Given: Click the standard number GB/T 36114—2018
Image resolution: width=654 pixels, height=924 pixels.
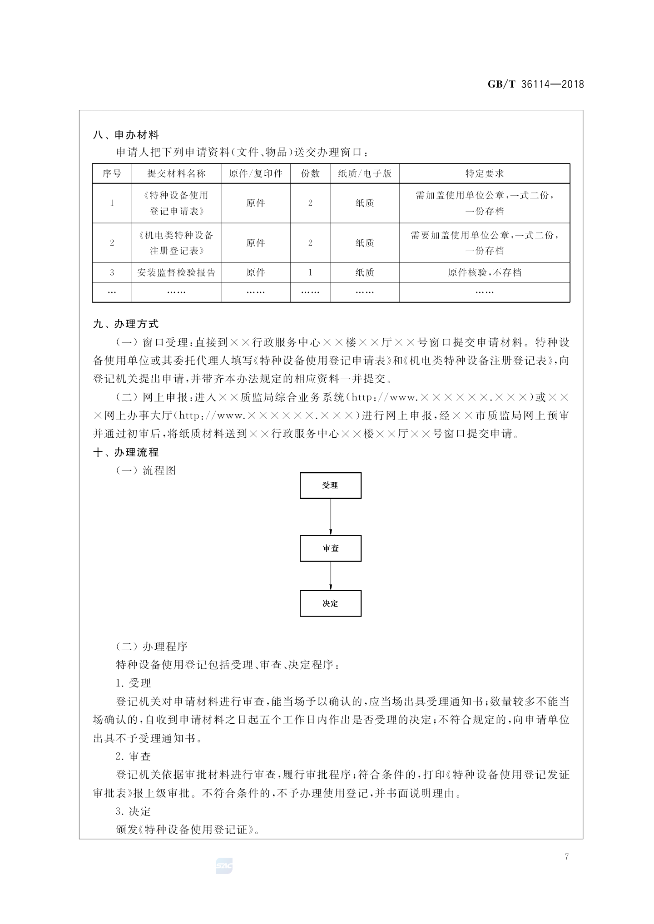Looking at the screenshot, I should pyautogui.click(x=535, y=84).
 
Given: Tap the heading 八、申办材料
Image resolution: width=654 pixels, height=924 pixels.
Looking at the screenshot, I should pyautogui.click(x=126, y=135).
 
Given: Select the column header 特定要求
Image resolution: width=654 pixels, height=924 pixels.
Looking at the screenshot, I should pyautogui.click(x=484, y=173).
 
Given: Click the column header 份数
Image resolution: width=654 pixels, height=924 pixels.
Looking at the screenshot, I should pyautogui.click(x=310, y=173).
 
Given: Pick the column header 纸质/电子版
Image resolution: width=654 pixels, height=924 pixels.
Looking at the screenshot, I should pyautogui.click(x=365, y=173).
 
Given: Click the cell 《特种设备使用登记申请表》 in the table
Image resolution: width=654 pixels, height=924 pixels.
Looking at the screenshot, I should pyautogui.click(x=176, y=203).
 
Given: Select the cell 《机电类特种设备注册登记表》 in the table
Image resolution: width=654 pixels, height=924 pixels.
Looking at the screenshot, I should pyautogui.click(x=176, y=243).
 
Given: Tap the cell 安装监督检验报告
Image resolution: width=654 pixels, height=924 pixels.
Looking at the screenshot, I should pyautogui.click(x=176, y=272).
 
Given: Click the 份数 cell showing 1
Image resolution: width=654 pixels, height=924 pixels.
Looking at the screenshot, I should pyautogui.click(x=310, y=272).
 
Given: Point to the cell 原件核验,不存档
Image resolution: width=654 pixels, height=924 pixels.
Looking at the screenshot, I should pyautogui.click(x=484, y=272).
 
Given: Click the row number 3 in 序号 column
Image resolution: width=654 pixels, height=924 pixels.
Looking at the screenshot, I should pyautogui.click(x=112, y=272).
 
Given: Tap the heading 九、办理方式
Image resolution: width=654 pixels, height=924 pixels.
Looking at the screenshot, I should pyautogui.click(x=126, y=324).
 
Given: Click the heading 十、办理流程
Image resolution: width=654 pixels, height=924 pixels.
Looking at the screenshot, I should pyautogui.click(x=126, y=452).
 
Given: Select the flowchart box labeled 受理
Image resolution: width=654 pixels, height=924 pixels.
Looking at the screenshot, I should pyautogui.click(x=330, y=485).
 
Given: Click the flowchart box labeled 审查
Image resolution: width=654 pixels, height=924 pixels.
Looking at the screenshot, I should pyautogui.click(x=330, y=548).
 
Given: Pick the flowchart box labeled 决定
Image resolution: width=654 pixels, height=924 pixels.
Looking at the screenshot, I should pyautogui.click(x=330, y=603).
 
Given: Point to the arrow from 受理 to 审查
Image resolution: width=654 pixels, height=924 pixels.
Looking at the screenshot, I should pyautogui.click(x=330, y=517).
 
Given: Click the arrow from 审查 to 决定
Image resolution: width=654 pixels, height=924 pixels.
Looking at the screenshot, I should pyautogui.click(x=330, y=576).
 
